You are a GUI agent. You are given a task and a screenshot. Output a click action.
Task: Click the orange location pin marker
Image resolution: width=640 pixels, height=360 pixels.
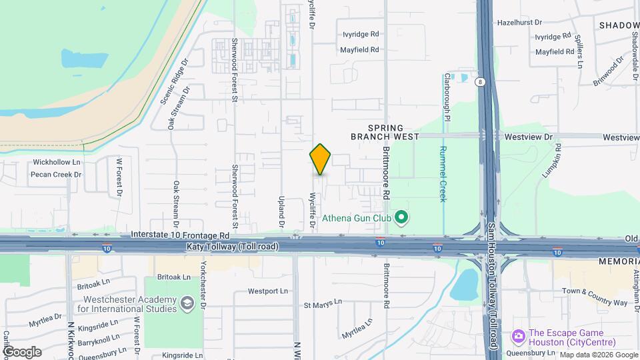pyautogui.click(x=321, y=159)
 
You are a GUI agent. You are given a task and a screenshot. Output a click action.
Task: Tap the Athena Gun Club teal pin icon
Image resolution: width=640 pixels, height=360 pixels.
pyautogui.click(x=401, y=217)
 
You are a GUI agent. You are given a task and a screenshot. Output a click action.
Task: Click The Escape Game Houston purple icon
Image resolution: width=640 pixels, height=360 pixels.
pyautogui.click(x=518, y=334)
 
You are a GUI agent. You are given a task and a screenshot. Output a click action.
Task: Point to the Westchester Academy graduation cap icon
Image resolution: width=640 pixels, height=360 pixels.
pyautogui.click(x=188, y=304)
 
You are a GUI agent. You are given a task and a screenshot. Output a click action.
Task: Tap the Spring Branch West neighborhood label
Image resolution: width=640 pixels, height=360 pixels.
pyautogui.click(x=385, y=132)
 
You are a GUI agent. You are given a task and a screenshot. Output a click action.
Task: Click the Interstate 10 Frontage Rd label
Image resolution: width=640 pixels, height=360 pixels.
pyautogui.click(x=180, y=235)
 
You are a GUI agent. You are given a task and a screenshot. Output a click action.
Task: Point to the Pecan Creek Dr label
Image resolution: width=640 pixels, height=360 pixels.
pyautogui.click(x=56, y=175)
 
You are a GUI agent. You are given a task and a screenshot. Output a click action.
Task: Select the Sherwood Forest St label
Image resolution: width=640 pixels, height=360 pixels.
pyautogui.click(x=235, y=190)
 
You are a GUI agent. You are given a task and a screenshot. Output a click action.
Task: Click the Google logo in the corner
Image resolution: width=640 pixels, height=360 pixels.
pyautogui.click(x=21, y=351)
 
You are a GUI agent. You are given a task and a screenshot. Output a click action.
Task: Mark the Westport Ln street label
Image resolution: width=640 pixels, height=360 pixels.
pyautogui.click(x=268, y=291)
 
